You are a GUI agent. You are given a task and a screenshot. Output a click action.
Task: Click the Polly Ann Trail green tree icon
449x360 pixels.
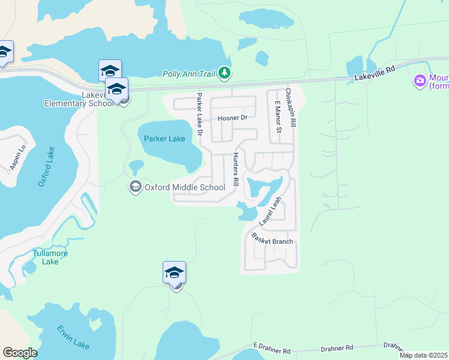click(224, 73)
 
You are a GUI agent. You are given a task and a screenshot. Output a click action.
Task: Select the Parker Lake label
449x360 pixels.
click(164, 139)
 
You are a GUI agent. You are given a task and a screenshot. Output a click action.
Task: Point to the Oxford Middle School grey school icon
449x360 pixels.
click(135, 187)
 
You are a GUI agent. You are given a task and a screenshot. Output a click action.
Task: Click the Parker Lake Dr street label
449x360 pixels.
click(199, 115)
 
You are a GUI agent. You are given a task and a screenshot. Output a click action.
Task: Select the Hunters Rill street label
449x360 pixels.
click(236, 169)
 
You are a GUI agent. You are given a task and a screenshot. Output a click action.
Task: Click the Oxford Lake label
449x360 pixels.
click(46, 166)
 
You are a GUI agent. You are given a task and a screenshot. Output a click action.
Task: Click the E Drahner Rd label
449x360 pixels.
click(271, 347)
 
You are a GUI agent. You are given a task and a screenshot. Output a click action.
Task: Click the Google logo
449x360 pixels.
click(20, 353)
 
